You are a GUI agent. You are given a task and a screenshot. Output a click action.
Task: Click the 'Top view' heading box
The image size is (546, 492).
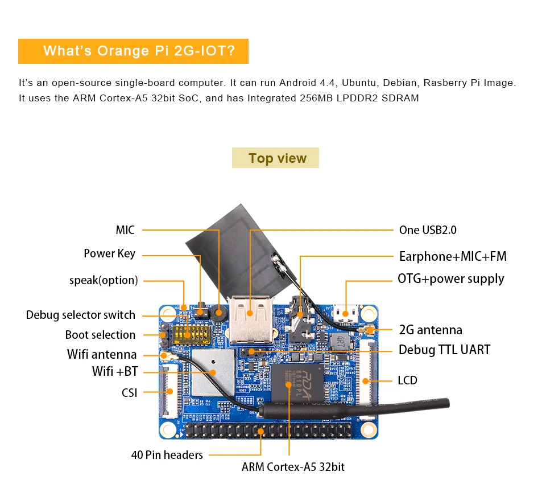[275, 158]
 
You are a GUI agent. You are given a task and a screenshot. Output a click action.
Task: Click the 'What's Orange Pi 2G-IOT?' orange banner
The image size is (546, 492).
[134, 51]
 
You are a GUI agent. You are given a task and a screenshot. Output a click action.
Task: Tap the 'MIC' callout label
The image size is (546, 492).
[125, 230]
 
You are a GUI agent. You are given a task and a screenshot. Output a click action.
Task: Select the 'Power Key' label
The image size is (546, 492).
[109, 253]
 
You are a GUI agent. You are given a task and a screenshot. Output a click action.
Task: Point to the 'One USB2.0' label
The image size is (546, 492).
[428, 230]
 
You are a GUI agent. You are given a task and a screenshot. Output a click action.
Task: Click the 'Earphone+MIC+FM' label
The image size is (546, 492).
[453, 256]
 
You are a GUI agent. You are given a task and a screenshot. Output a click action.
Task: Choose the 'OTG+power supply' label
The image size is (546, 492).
[450, 278]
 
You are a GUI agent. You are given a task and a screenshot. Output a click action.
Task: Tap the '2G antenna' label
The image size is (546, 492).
[431, 330]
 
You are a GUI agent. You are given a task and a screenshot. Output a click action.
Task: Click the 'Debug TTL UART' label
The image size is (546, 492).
[444, 350]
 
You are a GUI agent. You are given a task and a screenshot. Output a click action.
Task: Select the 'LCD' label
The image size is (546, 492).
[407, 380]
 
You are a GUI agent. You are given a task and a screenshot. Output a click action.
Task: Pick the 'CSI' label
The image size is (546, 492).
[129, 392]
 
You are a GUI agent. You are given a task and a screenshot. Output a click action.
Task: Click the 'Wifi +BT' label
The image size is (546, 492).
[115, 372]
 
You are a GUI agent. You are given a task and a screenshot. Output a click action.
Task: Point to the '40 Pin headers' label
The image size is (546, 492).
[167, 454]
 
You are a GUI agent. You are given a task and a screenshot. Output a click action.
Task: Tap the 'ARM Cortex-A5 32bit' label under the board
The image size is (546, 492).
[293, 467]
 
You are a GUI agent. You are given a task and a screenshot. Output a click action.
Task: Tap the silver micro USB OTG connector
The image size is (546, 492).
[345, 313]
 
